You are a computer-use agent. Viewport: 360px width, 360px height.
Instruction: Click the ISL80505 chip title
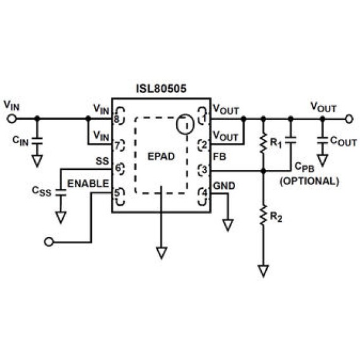pos(161,89)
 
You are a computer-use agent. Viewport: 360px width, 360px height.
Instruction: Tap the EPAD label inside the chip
pos(161,157)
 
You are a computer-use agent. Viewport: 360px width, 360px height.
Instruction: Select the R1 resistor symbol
pos(263,143)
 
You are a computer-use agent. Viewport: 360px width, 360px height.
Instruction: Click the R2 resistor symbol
pos(263,215)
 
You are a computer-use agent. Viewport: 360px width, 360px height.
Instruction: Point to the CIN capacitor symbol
pos(37,141)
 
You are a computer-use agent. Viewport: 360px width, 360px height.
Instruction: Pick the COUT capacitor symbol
pos(323,141)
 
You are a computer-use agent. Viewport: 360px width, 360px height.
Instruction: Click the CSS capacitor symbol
pos(61,193)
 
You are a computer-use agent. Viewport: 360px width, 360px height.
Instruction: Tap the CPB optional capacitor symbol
pos(291,140)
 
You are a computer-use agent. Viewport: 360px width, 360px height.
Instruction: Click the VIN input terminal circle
pos(11,119)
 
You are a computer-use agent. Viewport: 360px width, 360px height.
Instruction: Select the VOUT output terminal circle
pos(349,119)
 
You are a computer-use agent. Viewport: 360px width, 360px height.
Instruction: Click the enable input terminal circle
pos(49,242)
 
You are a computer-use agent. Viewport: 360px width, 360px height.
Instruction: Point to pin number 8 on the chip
pos(117,119)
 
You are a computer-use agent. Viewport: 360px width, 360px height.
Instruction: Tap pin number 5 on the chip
pos(117,193)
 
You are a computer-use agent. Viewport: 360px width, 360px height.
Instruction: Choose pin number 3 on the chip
pos(204,170)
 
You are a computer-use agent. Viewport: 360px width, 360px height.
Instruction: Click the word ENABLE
pos(88,184)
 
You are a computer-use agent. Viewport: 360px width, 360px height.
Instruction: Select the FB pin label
pos(220,157)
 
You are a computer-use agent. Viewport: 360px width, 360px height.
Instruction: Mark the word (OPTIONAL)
pos(309,181)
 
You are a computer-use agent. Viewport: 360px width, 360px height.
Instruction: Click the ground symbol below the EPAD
pos(162,253)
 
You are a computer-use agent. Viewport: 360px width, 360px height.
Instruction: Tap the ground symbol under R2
pos(263,271)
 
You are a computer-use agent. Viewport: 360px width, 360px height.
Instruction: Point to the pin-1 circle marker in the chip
pos(185,124)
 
